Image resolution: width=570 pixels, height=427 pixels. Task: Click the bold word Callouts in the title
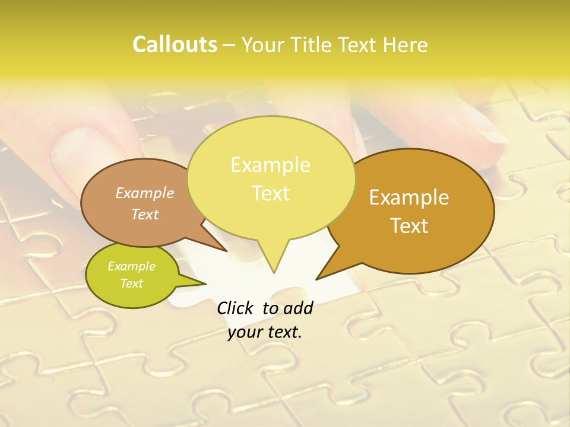point(175,44)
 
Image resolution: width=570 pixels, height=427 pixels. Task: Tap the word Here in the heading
point(406,45)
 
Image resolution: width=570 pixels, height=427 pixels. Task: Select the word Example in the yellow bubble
point(270,165)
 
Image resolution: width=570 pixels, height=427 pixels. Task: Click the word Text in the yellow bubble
point(270,193)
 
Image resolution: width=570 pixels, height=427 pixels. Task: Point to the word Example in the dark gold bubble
point(409,197)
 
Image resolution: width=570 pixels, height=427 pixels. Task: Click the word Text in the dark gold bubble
point(410,226)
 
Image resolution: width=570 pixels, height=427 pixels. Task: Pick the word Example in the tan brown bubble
point(145,193)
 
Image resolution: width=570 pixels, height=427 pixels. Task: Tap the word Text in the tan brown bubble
point(145,214)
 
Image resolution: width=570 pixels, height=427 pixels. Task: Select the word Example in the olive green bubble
point(131,266)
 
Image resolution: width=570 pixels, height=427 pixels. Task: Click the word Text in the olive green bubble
point(131,283)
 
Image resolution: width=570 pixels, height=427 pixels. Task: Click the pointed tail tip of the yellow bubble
point(274,273)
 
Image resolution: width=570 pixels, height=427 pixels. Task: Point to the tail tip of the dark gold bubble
point(316,279)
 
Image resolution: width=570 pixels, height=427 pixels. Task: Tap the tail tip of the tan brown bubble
point(227,251)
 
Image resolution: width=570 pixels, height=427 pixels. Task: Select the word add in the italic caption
point(298,308)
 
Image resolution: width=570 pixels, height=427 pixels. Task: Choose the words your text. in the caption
point(265,333)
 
